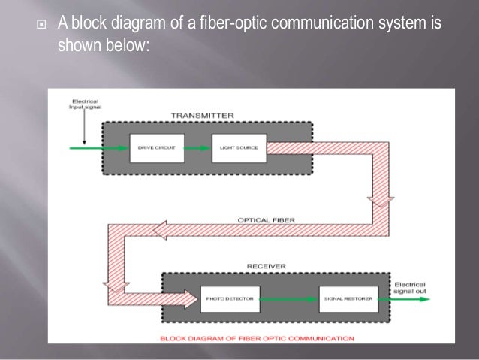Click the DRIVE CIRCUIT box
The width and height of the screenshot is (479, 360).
[157, 147]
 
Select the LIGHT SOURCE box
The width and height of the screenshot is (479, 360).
[239, 147]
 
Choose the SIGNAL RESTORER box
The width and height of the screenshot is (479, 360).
[348, 298]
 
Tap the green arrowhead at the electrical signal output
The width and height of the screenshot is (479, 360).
[424, 298]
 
